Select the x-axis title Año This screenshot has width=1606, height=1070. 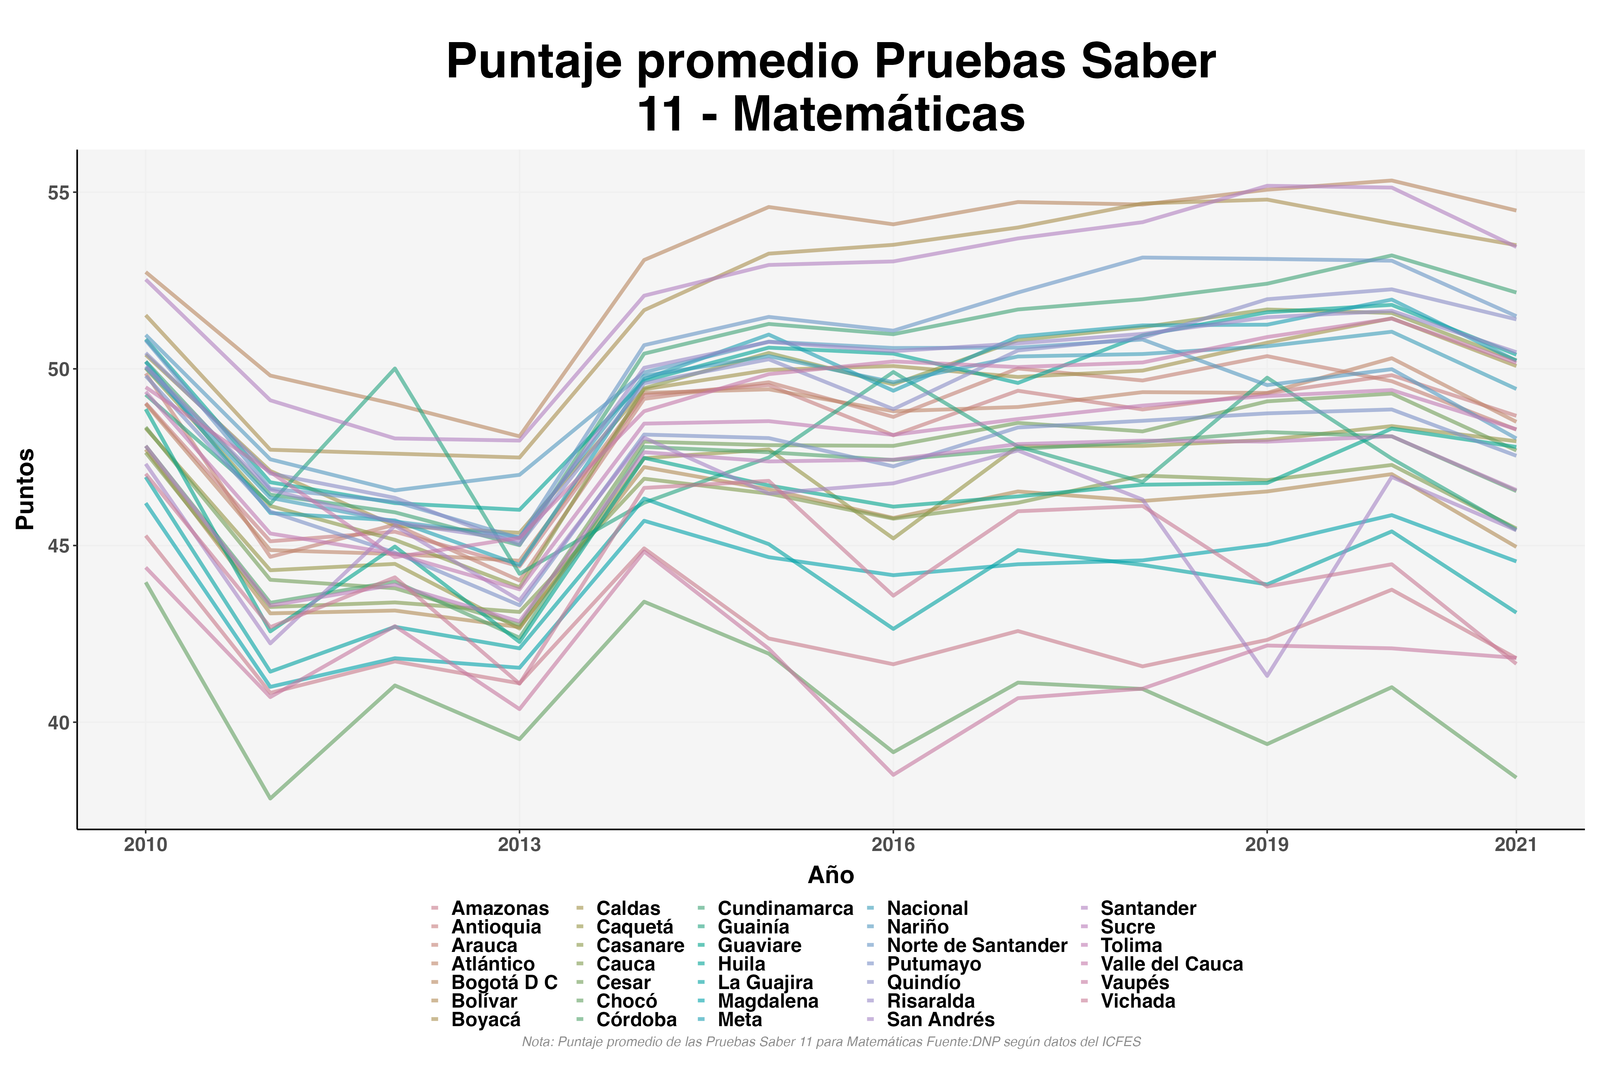pyautogui.click(x=830, y=875)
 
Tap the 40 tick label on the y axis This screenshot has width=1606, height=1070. pyautogui.click(x=59, y=723)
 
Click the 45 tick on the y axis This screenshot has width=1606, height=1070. pyautogui.click(x=59, y=546)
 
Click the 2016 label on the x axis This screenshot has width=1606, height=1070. pyautogui.click(x=893, y=845)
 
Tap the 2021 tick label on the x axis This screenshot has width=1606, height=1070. pyautogui.click(x=1516, y=845)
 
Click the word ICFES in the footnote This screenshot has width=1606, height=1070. pyautogui.click(x=1123, y=1042)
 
